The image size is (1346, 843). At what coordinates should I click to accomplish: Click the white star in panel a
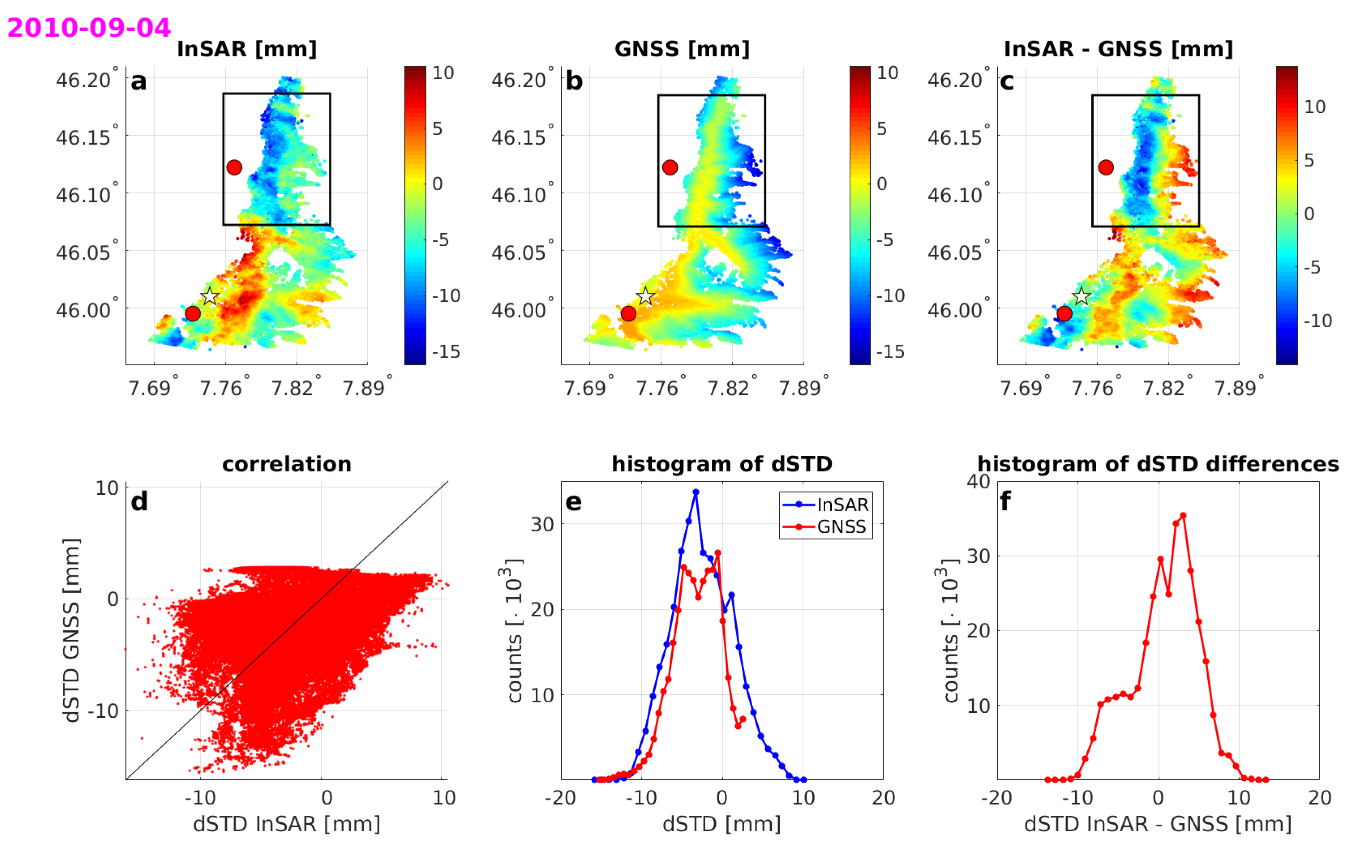click(x=210, y=296)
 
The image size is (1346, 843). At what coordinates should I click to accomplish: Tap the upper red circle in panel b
click(x=670, y=167)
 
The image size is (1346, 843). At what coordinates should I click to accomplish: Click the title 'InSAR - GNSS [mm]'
click(x=1118, y=49)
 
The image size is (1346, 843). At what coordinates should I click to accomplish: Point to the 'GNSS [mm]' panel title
click(x=682, y=49)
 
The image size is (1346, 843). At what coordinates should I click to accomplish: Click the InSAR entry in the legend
click(x=842, y=504)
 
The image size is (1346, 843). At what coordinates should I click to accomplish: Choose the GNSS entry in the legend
click(x=841, y=526)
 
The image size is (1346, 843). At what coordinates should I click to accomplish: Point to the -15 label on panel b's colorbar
click(x=890, y=351)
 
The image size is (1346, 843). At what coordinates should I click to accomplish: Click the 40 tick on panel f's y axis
click(x=978, y=482)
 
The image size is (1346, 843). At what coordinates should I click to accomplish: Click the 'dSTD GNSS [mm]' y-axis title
click(x=71, y=630)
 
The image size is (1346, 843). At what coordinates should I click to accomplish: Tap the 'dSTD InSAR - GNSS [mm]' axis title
click(x=1157, y=824)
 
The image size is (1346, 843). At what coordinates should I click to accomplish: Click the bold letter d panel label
click(x=139, y=502)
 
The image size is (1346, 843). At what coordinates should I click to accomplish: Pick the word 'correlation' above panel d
click(x=287, y=464)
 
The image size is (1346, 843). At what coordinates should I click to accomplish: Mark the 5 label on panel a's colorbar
click(x=437, y=129)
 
